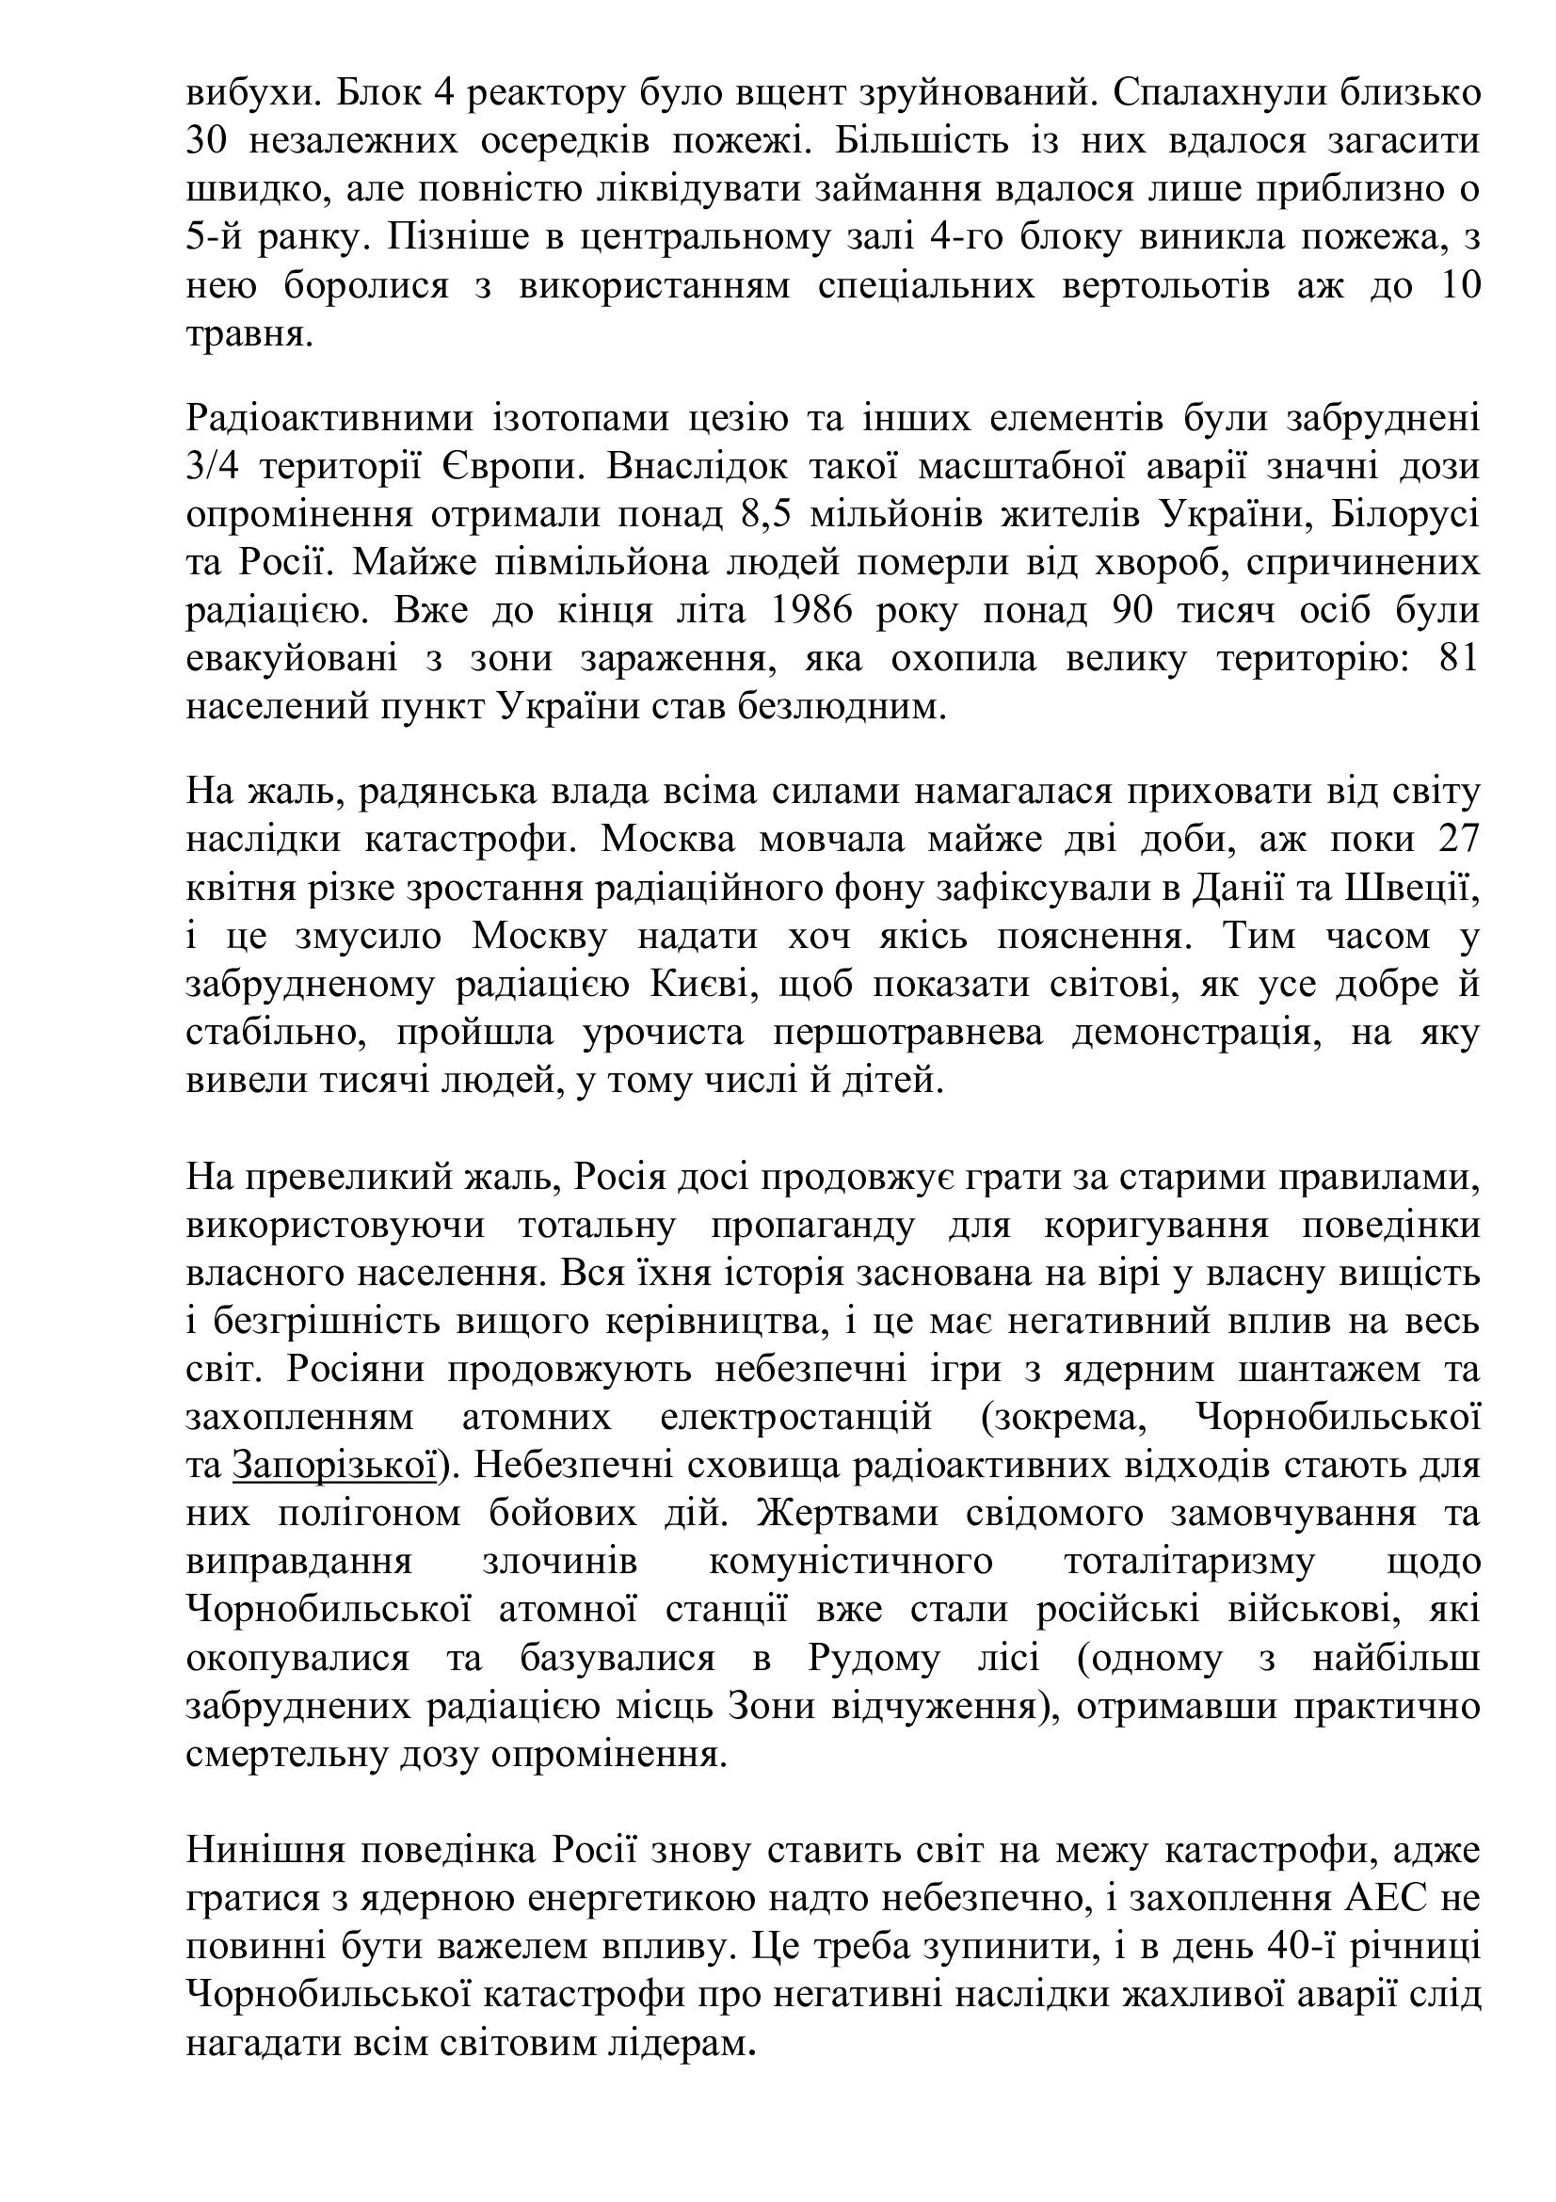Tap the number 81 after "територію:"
1460,660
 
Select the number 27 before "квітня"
1460,839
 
